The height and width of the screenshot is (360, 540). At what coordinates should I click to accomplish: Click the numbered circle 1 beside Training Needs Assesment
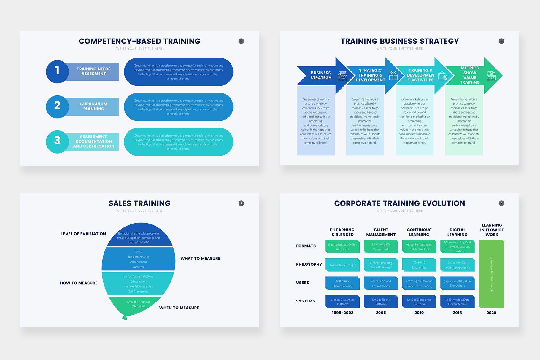point(57,71)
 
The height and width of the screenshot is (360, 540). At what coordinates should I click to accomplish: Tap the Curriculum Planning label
point(93,106)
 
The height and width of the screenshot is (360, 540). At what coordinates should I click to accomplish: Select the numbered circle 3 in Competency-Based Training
point(57,141)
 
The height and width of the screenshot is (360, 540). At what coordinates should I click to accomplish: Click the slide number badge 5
point(241,41)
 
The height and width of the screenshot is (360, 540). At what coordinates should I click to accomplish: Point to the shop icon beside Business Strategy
point(342,76)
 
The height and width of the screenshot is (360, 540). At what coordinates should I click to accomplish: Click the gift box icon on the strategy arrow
point(393,76)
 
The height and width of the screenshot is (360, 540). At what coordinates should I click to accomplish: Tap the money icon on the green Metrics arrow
point(491,76)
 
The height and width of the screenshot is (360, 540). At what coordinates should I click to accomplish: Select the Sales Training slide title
point(139,203)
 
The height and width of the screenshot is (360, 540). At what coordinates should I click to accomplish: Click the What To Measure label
point(200,259)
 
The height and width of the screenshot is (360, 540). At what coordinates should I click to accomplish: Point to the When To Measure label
point(179,308)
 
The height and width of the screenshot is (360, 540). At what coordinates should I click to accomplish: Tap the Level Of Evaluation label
point(83,234)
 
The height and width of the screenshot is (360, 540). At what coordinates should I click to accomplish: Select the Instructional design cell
point(342,265)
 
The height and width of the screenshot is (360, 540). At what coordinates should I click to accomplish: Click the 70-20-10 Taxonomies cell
point(419,265)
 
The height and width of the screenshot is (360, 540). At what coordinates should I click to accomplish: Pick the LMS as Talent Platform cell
point(381,302)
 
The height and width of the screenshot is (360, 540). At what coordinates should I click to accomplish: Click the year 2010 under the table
point(419,313)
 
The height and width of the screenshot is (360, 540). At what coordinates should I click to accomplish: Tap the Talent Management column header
point(381,232)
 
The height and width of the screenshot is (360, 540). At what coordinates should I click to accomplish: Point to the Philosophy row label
point(309,265)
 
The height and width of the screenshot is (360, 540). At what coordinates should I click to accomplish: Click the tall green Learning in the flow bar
point(491,274)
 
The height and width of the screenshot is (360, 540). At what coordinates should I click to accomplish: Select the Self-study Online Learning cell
point(342,283)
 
